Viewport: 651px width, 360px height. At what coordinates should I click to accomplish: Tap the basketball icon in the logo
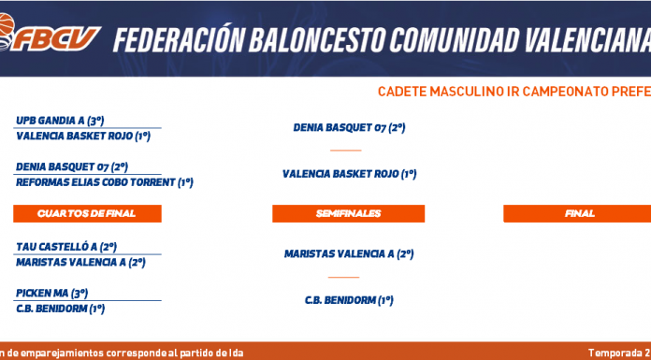pyautogui.click(x=6, y=26)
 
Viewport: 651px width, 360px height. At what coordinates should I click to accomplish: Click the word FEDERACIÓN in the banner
pyautogui.click(x=179, y=39)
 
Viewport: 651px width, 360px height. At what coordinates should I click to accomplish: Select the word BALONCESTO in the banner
pyautogui.click(x=317, y=40)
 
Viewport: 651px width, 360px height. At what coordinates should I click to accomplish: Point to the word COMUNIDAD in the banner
pyautogui.click(x=454, y=40)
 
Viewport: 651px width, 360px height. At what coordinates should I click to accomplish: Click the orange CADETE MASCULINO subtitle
pyautogui.click(x=514, y=92)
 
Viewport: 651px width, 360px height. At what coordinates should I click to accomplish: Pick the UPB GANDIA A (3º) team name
pyautogui.click(x=60, y=121)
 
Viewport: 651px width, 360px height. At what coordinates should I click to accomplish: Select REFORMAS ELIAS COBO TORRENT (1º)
pyautogui.click(x=105, y=182)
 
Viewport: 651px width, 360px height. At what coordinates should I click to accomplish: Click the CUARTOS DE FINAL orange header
pyautogui.click(x=87, y=213)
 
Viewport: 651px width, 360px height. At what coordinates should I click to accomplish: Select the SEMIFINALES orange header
pyautogui.click(x=348, y=213)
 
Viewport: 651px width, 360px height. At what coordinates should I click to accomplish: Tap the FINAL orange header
pyautogui.click(x=577, y=213)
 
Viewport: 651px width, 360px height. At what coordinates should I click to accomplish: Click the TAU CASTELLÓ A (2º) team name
pyautogui.click(x=66, y=247)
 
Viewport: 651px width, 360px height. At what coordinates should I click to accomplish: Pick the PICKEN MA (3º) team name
pyautogui.click(x=51, y=294)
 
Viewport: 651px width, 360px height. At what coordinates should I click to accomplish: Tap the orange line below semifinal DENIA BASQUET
pyautogui.click(x=346, y=151)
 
